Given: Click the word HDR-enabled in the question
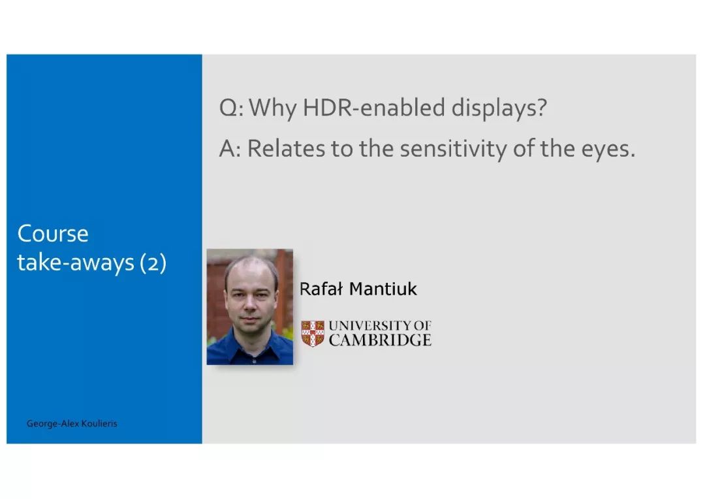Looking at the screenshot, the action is point(374,107).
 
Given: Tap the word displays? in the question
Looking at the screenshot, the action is point(499,108).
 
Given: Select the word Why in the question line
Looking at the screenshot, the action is point(273,108).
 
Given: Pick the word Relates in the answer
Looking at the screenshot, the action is point(286,148).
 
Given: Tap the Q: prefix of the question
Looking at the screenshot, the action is point(232,108).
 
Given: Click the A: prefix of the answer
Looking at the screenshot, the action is point(230,148).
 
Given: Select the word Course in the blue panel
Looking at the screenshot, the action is point(53,234).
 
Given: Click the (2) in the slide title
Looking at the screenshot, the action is point(153,263).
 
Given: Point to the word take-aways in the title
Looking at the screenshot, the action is point(76,263).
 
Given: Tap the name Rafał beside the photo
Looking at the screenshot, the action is point(321,289).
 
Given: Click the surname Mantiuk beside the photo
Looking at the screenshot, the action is point(383,289).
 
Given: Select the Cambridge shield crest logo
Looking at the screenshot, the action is point(313,333).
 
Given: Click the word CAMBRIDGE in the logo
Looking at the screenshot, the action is point(380,340).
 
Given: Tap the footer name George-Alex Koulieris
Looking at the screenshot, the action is point(72,423).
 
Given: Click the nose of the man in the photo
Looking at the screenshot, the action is point(250,307).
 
